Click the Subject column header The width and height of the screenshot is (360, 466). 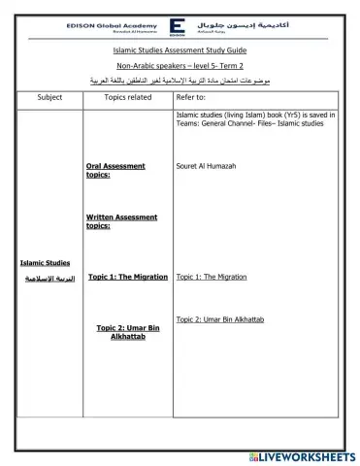point(49,98)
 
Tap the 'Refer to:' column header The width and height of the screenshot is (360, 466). point(190,98)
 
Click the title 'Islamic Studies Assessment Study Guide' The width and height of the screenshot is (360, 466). point(180,48)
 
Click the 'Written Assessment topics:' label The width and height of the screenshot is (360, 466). point(120,221)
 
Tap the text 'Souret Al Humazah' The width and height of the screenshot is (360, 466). point(207,166)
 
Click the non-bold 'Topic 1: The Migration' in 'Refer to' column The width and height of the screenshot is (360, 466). point(211,277)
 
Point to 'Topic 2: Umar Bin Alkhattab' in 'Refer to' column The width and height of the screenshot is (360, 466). point(220,318)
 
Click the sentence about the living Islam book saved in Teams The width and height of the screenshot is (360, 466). point(255,118)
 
